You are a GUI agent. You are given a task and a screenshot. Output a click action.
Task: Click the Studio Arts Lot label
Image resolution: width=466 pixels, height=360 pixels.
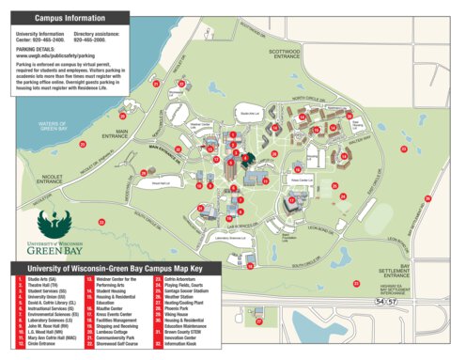tap(249, 113)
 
